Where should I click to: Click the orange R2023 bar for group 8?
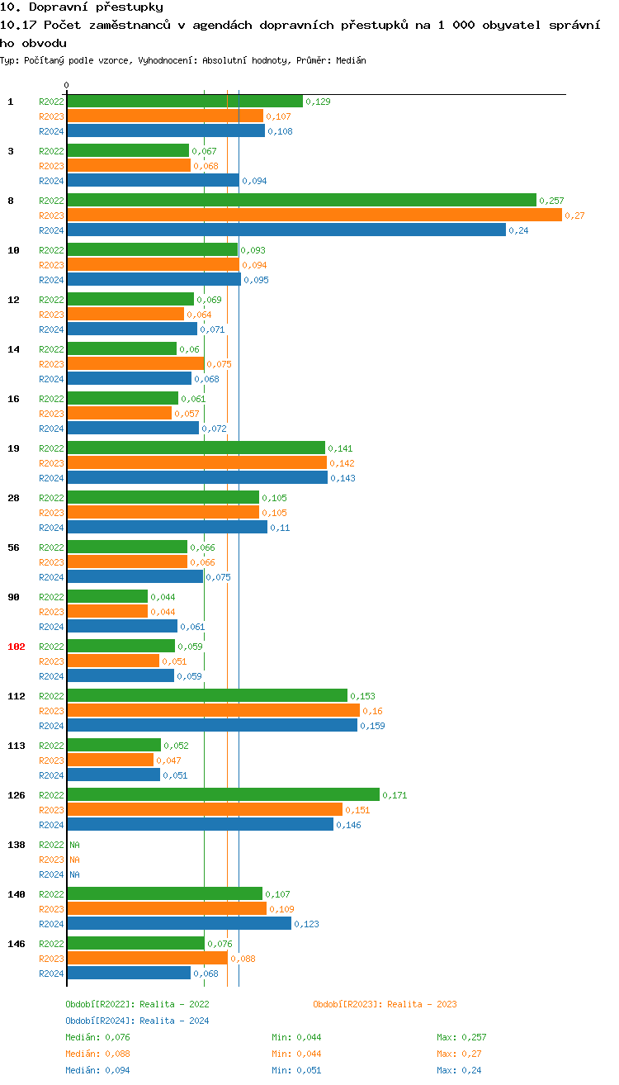[x=314, y=215]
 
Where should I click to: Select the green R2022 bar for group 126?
[x=223, y=794]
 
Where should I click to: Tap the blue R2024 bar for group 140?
[x=179, y=923]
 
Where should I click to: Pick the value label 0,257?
[x=551, y=201]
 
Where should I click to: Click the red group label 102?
[x=16, y=647]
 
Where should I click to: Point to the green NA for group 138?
[x=74, y=845]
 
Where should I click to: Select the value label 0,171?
[x=395, y=795]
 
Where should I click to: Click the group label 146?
[x=16, y=943]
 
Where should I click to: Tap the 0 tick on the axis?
[x=67, y=85]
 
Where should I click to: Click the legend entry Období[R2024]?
[x=101, y=1021]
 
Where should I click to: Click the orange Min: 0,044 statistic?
[x=297, y=1054]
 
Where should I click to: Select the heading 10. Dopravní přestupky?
[x=81, y=7]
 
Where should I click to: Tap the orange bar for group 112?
[x=213, y=710]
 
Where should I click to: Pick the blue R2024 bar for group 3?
[x=153, y=180]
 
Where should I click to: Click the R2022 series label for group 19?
[x=51, y=448]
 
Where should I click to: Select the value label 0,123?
[x=306, y=924]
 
